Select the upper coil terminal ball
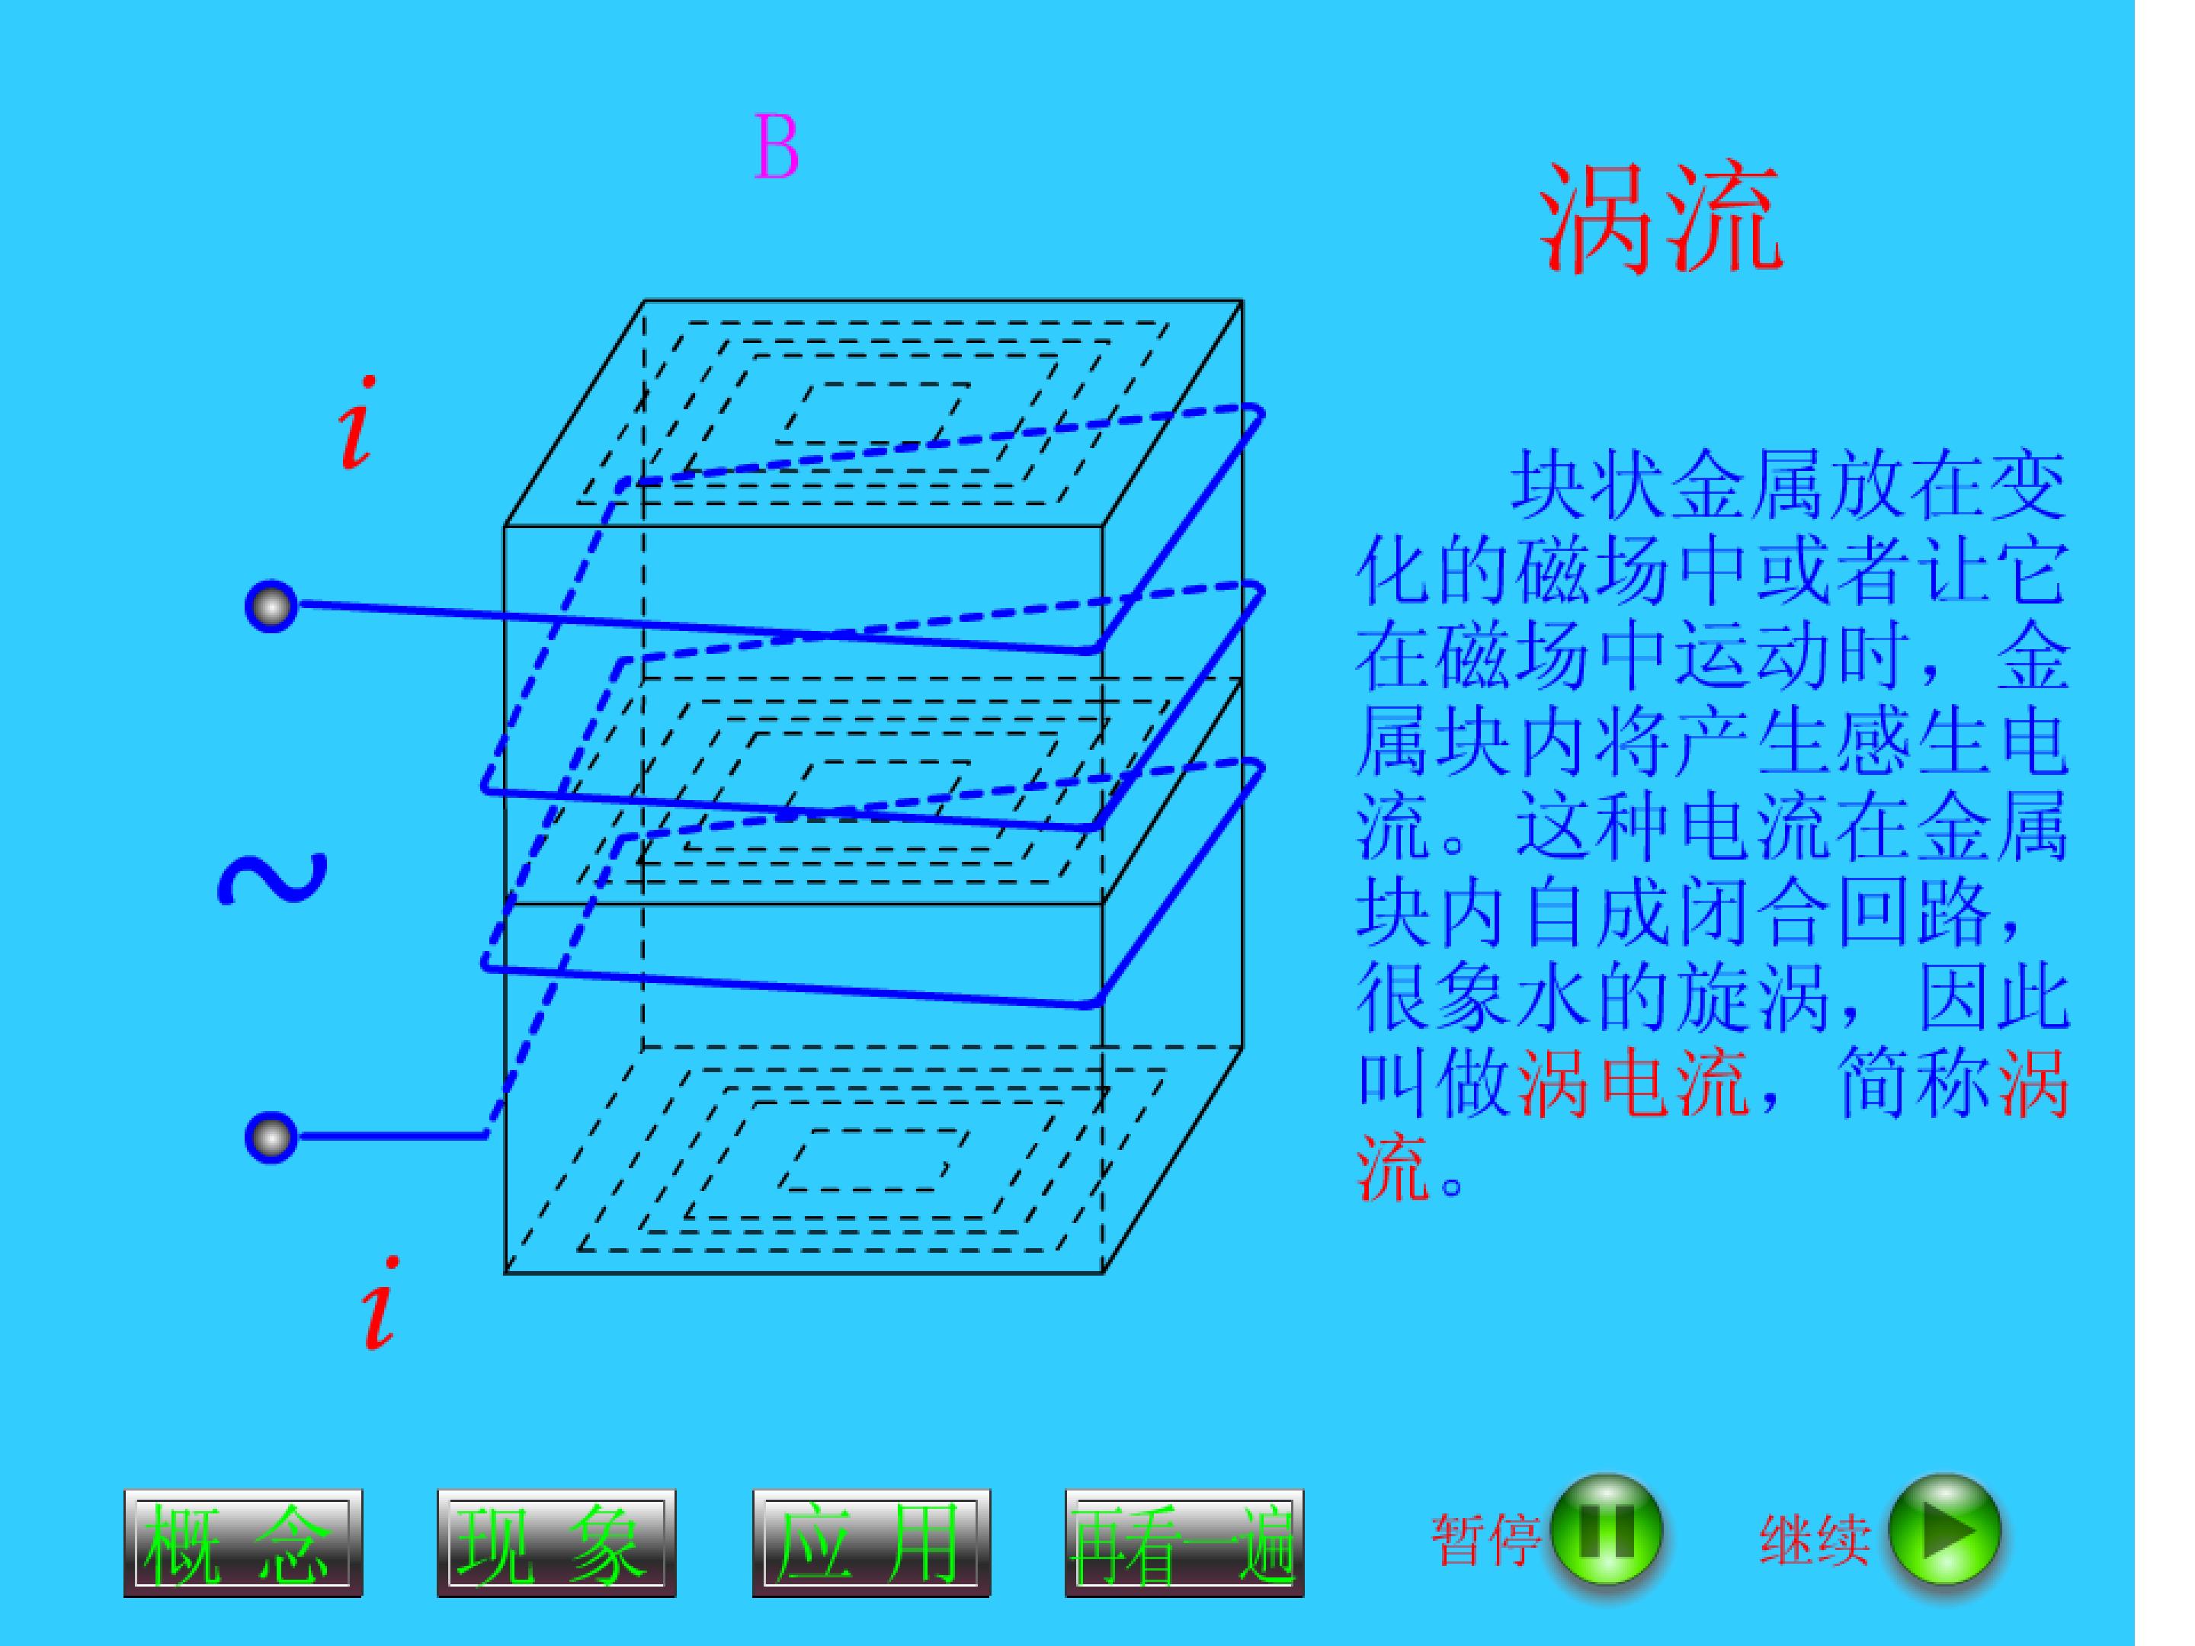coord(271,607)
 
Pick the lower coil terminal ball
coord(271,1136)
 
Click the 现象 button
coord(556,1543)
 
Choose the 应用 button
coord(870,1543)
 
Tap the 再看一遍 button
coord(1184,1543)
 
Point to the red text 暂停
coord(1485,1540)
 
